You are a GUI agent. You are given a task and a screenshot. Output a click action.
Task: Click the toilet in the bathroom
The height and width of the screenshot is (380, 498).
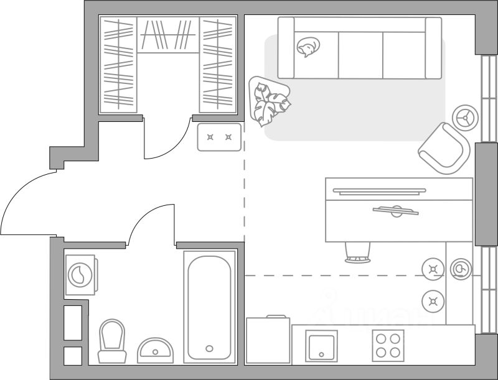coord(112,341)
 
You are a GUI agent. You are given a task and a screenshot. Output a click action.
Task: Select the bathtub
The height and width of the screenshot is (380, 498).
coord(210,307)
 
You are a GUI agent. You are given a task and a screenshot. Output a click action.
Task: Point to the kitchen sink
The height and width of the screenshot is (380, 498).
coord(322,345)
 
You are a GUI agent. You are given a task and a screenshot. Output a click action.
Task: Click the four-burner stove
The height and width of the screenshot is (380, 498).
coord(388,345)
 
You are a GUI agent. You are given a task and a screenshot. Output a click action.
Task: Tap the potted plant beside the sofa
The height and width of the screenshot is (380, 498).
coord(269,101)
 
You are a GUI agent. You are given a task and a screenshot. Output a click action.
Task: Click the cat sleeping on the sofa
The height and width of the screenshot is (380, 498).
coord(308,47)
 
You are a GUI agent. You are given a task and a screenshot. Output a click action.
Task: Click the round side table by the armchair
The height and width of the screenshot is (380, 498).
coord(464,116)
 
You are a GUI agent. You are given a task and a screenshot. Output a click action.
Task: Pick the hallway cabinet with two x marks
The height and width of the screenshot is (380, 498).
coord(219,137)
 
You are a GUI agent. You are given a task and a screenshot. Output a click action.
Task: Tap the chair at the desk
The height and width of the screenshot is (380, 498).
coord(357,252)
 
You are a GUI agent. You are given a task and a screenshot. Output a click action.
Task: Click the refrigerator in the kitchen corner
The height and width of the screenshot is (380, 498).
coord(268,340)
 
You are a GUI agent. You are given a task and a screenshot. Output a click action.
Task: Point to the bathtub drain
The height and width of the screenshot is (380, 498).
coord(210,348)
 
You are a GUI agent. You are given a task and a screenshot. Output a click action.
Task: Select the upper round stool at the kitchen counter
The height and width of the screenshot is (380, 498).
coord(433,269)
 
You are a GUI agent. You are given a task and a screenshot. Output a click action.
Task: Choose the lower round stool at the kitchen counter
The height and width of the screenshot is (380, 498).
coord(433,302)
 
